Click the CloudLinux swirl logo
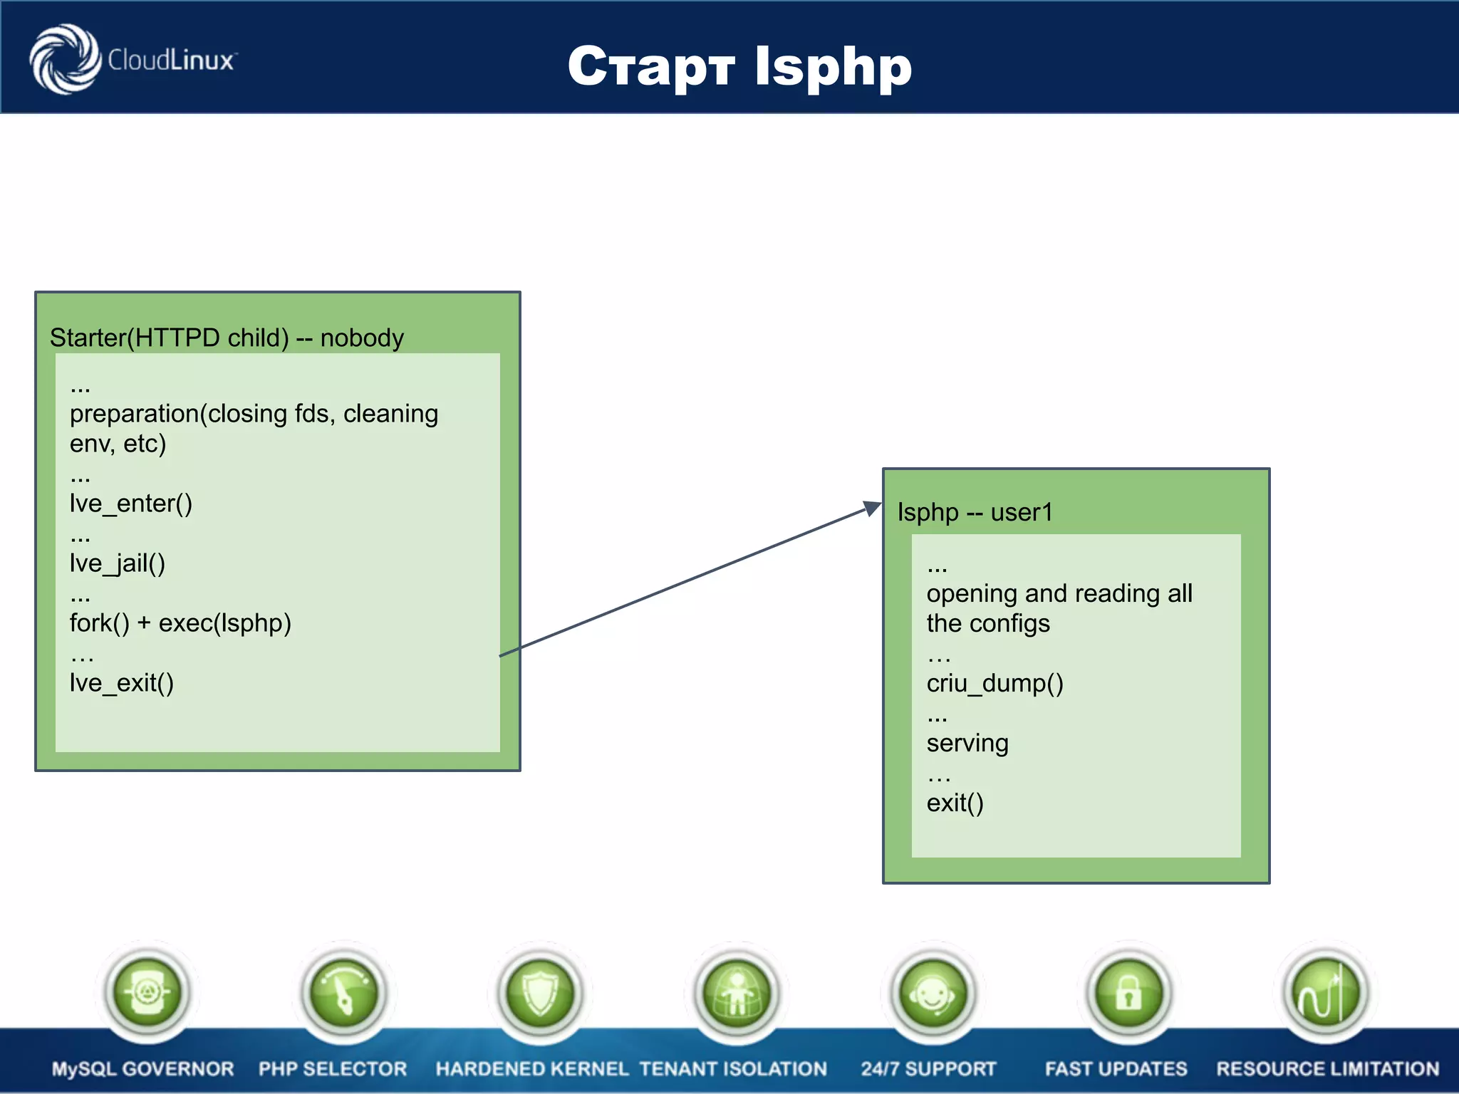[66, 59]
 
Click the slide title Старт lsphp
[739, 66]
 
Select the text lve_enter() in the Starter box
[131, 504]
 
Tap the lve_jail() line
[118, 563]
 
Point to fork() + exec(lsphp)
[180, 623]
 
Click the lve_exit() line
[122, 683]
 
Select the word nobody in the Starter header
[362, 338]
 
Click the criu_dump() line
[995, 683]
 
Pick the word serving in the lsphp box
[967, 743]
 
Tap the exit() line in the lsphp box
[955, 803]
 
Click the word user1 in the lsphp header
[1021, 512]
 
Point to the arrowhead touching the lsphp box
[873, 508]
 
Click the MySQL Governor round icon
[147, 992]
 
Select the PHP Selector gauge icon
[344, 992]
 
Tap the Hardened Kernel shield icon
[541, 992]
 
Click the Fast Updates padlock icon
[1129, 992]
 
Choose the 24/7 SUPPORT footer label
[928, 1068]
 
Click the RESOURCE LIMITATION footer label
[1327, 1068]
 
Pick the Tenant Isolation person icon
[737, 992]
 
